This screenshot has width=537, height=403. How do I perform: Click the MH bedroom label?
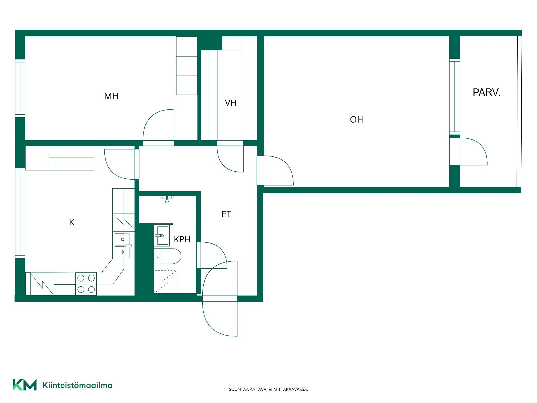point(111,96)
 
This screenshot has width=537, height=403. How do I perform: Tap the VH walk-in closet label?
point(231,103)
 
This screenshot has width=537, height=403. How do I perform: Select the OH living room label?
point(357,120)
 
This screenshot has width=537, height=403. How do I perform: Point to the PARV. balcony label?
point(486,92)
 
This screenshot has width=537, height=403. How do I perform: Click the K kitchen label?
point(72,222)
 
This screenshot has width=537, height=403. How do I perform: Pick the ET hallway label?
point(226,214)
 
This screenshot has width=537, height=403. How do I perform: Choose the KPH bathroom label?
point(182,239)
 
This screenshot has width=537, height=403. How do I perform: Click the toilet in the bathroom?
point(168,256)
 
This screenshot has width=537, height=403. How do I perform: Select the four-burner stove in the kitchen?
point(86,283)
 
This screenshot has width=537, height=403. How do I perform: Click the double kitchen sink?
point(123,246)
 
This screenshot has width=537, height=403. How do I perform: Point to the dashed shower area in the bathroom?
point(166,282)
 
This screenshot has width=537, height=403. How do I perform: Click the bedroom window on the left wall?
point(20,88)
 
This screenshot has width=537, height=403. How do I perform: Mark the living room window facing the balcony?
point(454,97)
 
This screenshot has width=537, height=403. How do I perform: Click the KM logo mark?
point(25,385)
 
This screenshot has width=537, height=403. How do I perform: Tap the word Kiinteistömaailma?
point(77,385)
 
